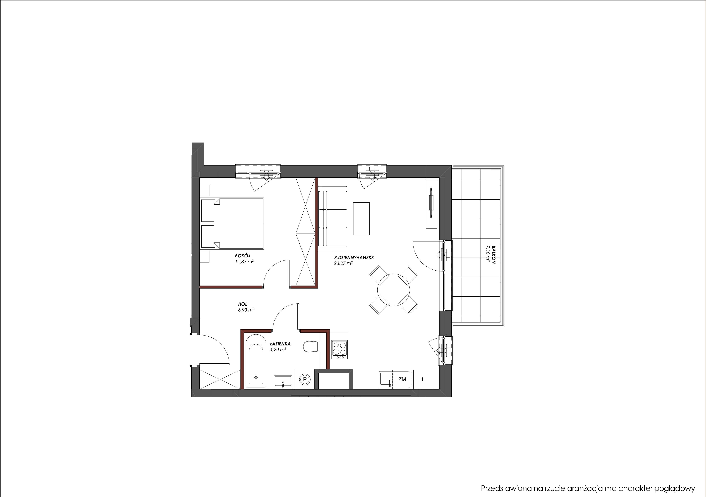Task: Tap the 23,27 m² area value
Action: click(x=343, y=263)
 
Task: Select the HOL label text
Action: click(x=243, y=304)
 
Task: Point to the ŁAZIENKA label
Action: click(x=280, y=344)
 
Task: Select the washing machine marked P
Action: click(x=305, y=379)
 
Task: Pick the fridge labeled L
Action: click(x=423, y=379)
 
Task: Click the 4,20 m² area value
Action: click(x=278, y=350)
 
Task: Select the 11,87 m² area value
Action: click(x=244, y=262)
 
